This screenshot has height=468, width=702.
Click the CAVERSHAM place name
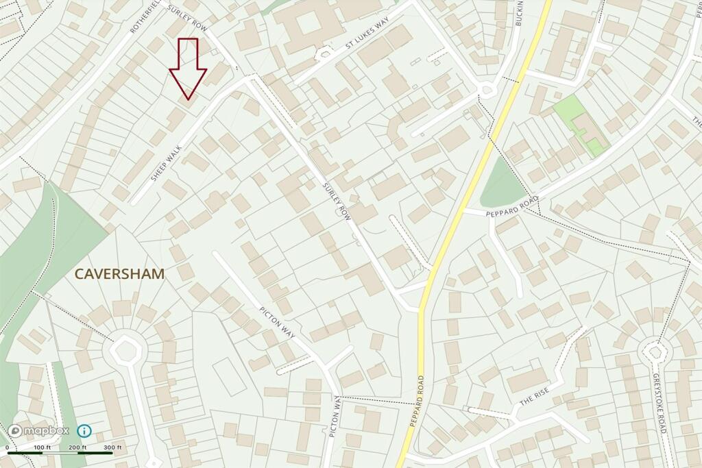119,274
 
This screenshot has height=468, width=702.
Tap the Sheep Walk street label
167,162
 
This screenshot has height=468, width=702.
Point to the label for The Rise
534,397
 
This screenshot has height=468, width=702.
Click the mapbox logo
39,431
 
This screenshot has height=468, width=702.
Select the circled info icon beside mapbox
84,431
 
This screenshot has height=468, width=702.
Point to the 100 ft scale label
42,447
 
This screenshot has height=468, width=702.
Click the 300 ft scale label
112,447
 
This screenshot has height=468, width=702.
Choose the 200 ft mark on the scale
77,447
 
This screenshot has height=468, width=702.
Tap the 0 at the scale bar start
8,447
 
